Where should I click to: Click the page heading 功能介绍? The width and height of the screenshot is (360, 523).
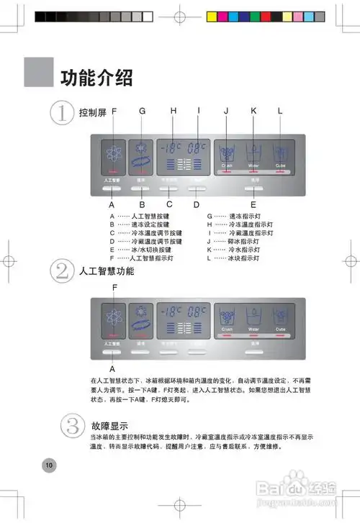pos(96,76)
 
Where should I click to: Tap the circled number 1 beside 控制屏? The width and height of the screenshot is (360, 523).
pos(63,114)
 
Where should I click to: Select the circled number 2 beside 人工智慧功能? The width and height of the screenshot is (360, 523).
pos(63,272)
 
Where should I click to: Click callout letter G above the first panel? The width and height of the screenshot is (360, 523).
pos(143,111)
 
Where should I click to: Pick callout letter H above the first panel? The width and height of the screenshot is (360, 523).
pos(173,111)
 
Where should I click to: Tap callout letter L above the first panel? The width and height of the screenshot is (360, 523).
pos(279,111)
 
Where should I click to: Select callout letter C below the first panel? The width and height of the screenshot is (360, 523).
pos(170,204)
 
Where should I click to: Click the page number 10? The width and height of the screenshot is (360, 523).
pos(49,465)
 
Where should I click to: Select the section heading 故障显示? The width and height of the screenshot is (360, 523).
pos(110,425)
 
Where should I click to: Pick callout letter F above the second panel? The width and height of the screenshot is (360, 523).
pos(114,287)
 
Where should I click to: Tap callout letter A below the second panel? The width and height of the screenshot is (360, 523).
pos(112,368)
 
